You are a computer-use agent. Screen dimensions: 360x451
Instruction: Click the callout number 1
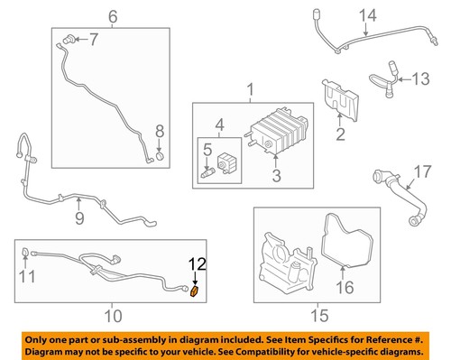253,90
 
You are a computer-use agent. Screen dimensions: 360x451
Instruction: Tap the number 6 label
113,15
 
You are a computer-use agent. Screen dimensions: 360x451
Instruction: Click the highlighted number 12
197,263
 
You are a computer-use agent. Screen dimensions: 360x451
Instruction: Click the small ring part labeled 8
159,161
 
